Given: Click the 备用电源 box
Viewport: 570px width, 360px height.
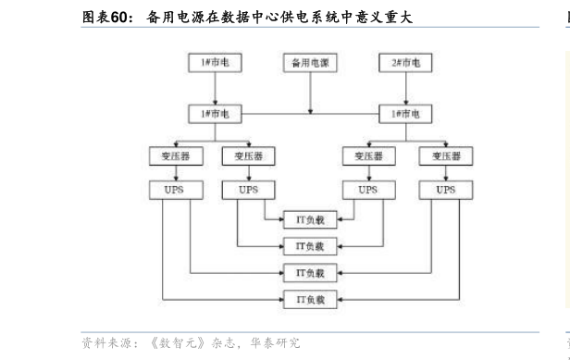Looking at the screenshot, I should (x=310, y=63).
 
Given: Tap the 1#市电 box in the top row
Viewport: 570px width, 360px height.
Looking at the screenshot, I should (x=215, y=63).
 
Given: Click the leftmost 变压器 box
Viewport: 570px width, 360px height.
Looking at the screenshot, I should (x=169, y=155).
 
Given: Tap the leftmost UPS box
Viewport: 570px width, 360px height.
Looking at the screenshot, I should (x=169, y=190).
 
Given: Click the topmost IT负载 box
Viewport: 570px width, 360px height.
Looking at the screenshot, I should (x=310, y=219).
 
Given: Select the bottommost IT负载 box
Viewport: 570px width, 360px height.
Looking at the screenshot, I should (x=310, y=299).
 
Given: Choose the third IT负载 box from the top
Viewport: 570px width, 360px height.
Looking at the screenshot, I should (x=310, y=273).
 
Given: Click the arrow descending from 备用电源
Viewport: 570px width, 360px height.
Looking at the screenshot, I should (x=310, y=93).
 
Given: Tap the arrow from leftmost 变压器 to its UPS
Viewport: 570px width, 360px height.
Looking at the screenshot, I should (x=169, y=173).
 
